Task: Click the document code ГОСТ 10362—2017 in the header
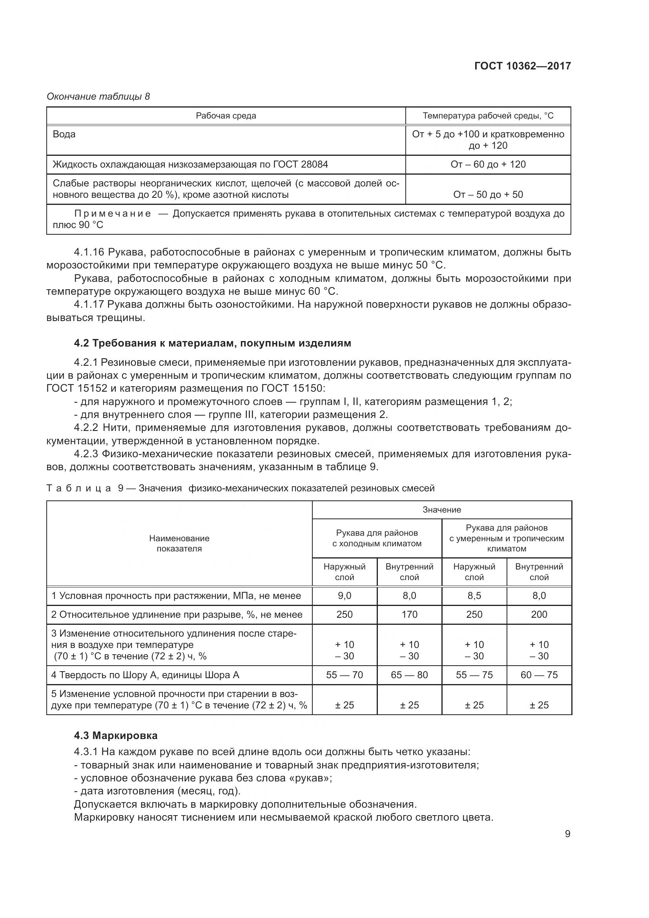[522, 66]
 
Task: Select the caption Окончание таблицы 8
[98, 97]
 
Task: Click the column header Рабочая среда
[226, 116]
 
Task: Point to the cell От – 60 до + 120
[488, 164]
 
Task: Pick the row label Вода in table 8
[64, 134]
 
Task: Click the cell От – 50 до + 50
[488, 195]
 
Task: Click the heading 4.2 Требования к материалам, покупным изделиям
[212, 343]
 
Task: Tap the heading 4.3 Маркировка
[115, 735]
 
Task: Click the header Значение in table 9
[441, 510]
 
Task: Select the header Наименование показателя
[179, 543]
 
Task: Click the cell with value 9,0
[345, 596]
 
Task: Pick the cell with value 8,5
[474, 596]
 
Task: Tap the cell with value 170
[409, 615]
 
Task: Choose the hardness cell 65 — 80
[409, 675]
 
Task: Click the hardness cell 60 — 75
[539, 675]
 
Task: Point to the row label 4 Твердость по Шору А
[145, 675]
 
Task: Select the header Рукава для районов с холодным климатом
[377, 538]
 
